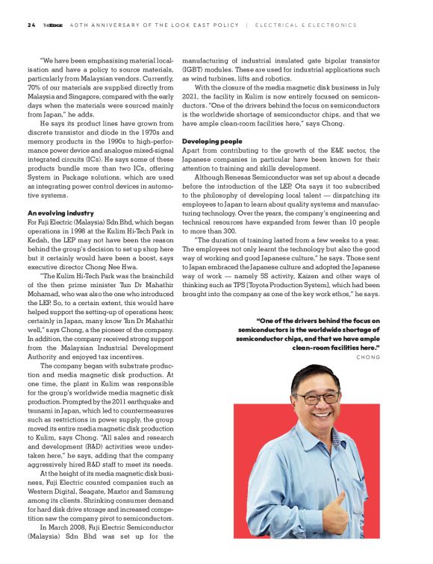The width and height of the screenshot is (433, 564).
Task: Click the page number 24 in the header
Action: (x=31, y=25)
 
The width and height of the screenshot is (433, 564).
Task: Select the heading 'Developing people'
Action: (x=211, y=141)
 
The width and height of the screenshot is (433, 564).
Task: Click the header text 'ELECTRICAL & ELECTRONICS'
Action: (x=306, y=25)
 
